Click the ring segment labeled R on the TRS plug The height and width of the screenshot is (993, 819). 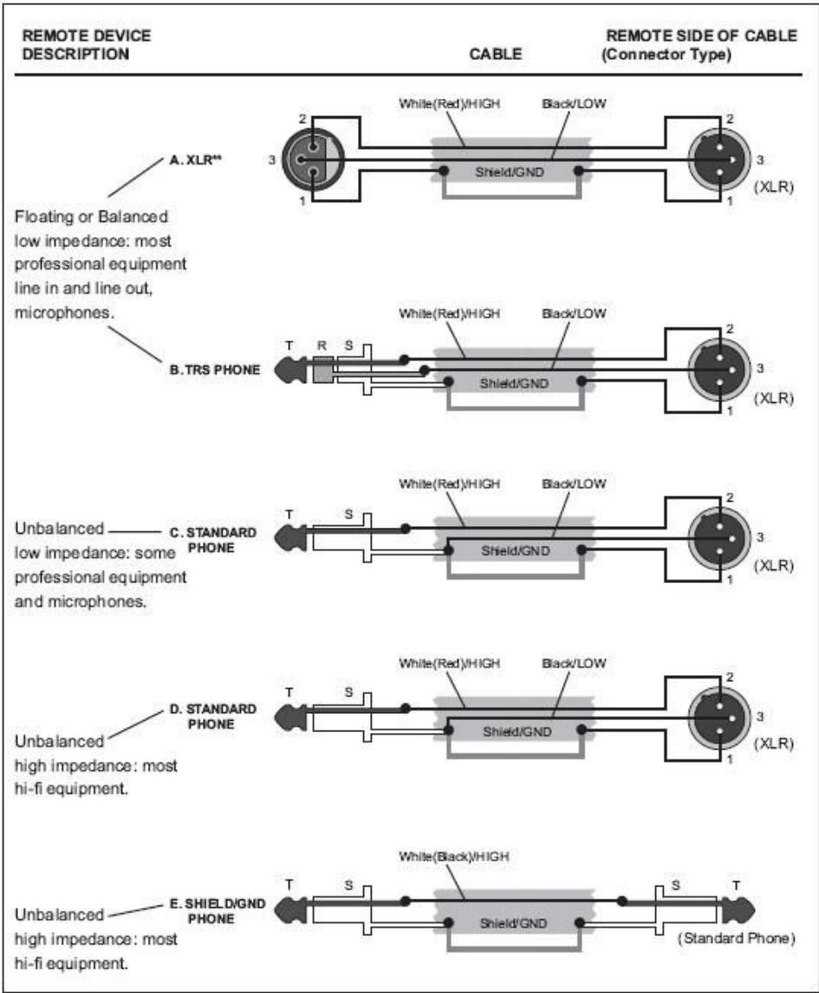pyautogui.click(x=322, y=370)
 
